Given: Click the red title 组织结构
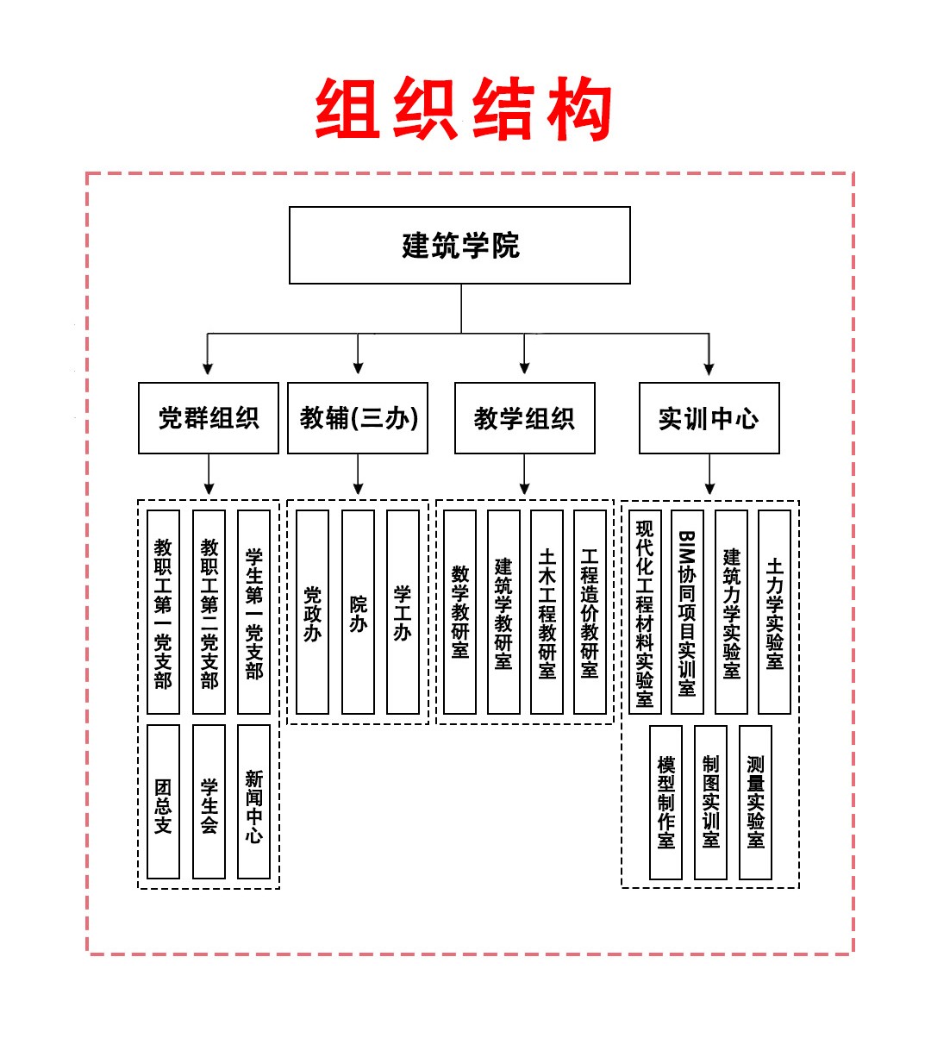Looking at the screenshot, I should point(464,109).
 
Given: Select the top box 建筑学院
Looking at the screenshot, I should point(459,246).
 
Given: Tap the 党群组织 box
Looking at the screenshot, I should point(209,418).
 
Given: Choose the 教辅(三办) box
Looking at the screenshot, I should point(358,418).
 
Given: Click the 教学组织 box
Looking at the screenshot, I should point(524,418).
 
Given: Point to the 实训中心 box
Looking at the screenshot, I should point(709,418).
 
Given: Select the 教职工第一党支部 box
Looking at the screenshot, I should point(163,612).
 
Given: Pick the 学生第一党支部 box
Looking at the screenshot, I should point(253,612).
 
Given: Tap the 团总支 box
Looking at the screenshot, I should point(163,802).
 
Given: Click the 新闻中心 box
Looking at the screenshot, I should point(253,802).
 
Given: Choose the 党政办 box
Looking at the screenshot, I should point(312,612).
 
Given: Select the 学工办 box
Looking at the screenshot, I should point(403,612).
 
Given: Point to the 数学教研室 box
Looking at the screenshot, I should point(459,612).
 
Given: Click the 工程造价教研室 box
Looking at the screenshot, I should point(590,612).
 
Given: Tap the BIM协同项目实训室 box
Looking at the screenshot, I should point(687,612).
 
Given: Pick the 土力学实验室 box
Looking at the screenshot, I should point(774,612).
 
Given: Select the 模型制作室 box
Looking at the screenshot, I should point(665,802).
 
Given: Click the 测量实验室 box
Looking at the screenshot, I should point(755,802).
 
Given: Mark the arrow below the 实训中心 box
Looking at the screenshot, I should point(709,476).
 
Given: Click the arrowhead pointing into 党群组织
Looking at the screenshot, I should point(208,368).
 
